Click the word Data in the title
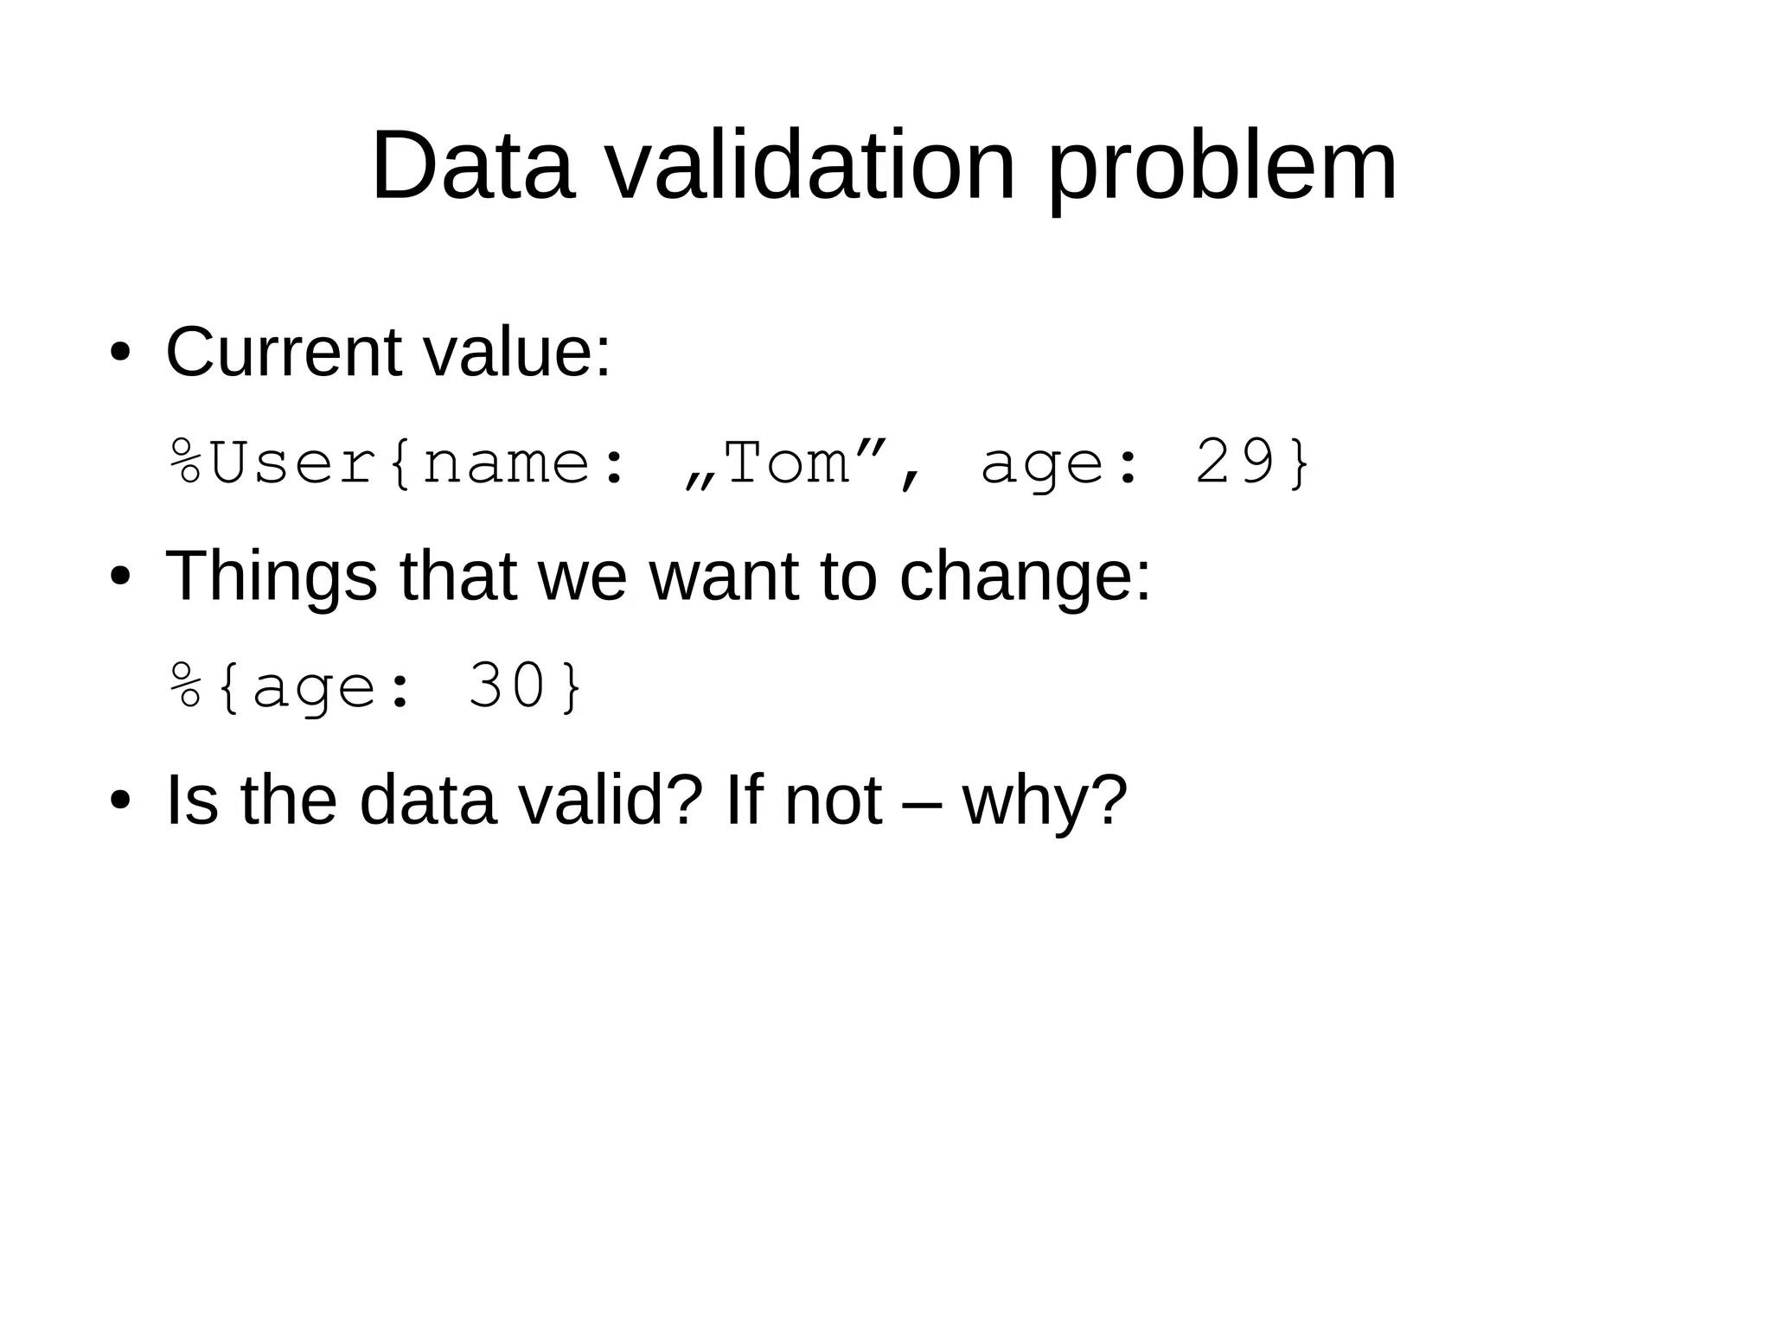tap(472, 166)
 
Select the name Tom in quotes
tap(787, 463)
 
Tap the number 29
tap(1235, 463)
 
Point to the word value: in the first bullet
tap(516, 353)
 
